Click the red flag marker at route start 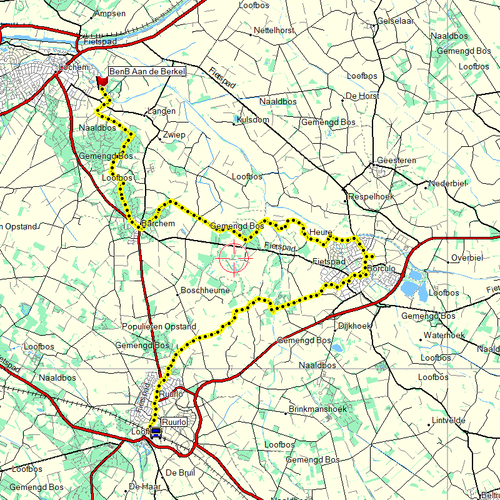click(102, 81)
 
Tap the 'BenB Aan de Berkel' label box click(147, 72)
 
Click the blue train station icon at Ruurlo click(156, 432)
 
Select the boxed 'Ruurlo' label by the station click(174, 421)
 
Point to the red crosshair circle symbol click(234, 257)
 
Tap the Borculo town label click(382, 268)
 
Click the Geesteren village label click(396, 161)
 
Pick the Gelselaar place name click(396, 21)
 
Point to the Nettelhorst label click(274, 30)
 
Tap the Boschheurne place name click(205, 291)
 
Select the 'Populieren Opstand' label click(159, 327)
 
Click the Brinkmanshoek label click(317, 409)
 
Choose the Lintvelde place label click(449, 421)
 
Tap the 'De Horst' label click(363, 96)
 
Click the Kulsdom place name click(252, 119)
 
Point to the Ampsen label click(109, 13)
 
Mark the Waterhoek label click(444, 336)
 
